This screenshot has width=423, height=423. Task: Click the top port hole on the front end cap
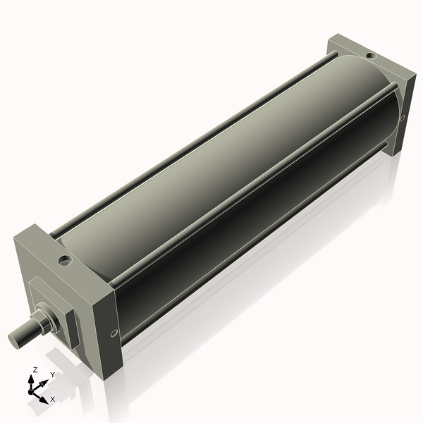[66, 261]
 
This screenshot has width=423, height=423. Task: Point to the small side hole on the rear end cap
[402, 118]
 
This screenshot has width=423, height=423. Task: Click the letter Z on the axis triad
[35, 369]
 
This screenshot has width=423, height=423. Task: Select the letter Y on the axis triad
[52, 375]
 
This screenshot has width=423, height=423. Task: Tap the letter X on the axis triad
[52, 399]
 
